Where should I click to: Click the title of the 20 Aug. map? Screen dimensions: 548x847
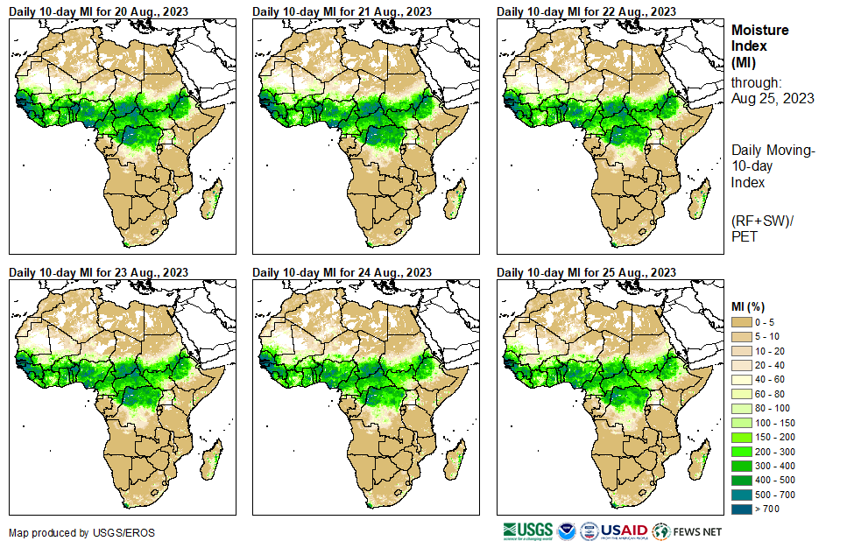click(98, 11)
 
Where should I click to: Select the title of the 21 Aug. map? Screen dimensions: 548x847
click(342, 11)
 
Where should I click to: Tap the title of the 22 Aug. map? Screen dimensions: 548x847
click(586, 11)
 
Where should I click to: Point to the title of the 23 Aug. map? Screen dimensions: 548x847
click(98, 271)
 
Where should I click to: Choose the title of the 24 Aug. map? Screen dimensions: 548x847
click(342, 271)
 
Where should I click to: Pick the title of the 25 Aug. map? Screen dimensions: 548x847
click(586, 271)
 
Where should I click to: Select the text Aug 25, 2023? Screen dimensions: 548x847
click(773, 98)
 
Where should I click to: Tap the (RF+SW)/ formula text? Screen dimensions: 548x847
click(762, 219)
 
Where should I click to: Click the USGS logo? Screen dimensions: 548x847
click(527, 531)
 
